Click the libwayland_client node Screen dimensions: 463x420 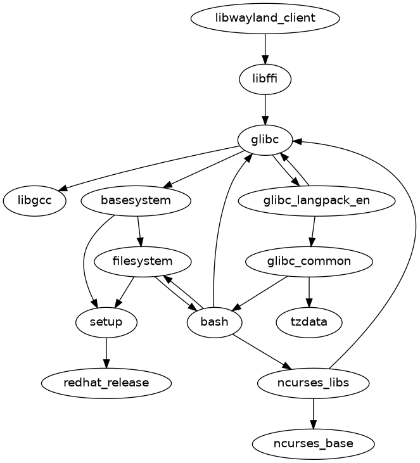coord(265,18)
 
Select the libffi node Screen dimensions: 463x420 coord(265,79)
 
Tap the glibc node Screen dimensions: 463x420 coord(265,139)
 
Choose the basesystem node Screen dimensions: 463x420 coord(136,201)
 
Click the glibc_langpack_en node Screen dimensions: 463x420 coord(317,201)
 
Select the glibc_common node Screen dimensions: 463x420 coord(309,261)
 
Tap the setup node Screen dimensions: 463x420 coord(106,322)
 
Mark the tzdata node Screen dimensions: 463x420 coord(309,322)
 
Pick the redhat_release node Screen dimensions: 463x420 coord(106,383)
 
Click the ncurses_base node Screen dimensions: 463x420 coord(313,444)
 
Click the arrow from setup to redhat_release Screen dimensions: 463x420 coord(106,353)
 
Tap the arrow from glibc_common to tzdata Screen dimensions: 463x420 coord(309,292)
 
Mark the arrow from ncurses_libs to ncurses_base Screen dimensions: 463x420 coord(314,414)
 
